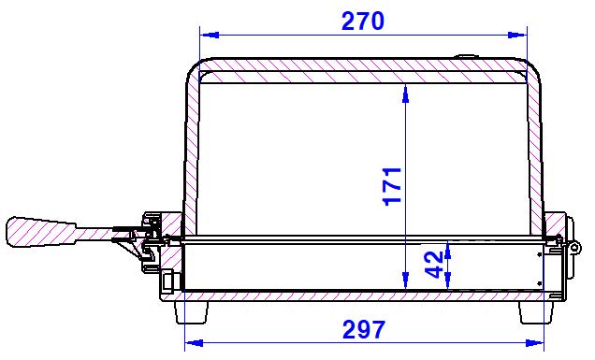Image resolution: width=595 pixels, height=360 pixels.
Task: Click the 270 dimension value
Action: (363, 21)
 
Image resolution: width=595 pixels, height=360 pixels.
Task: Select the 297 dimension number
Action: (364, 330)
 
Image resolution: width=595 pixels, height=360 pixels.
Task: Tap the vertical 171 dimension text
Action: (393, 186)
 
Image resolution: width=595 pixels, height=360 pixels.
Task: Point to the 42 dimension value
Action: (434, 265)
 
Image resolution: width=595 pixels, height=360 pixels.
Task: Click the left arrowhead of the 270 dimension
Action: (210, 35)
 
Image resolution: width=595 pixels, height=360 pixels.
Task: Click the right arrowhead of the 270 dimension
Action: (517, 35)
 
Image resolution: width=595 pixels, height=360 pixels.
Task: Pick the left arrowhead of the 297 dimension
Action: (194, 343)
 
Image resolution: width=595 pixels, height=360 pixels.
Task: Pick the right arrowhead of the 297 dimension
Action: (534, 343)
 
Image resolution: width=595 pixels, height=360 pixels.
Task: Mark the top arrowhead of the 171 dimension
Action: (406, 94)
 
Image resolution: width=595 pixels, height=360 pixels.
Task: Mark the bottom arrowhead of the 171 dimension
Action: (406, 281)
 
